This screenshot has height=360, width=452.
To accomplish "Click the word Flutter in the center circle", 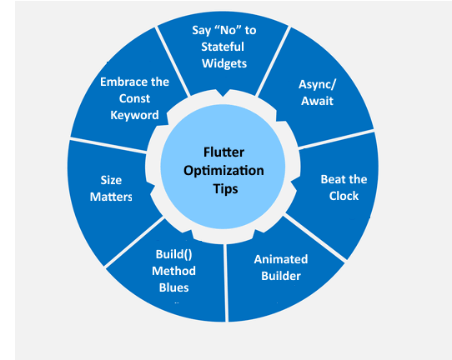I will [223, 152].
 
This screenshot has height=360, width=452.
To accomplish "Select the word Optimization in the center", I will [223, 170].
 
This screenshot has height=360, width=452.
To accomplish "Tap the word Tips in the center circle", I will [223, 188].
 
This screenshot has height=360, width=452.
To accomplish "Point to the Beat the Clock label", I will [344, 187].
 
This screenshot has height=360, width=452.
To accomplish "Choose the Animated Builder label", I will [280, 267].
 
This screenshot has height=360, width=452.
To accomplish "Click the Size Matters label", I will [110, 187].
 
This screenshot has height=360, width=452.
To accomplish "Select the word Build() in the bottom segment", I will [173, 254].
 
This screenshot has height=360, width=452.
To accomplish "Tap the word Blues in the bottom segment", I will [173, 287].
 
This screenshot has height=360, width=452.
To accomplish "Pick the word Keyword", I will [134, 115].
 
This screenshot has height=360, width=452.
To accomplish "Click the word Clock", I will [344, 196].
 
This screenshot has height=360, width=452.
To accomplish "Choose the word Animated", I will [280, 259].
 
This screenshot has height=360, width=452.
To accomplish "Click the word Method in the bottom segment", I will [173, 271].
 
